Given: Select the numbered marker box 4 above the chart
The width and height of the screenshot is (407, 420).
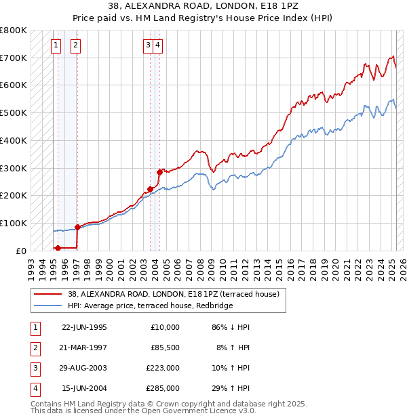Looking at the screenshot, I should click(157, 45).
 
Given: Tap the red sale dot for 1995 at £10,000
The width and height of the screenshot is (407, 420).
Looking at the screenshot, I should click(58, 248).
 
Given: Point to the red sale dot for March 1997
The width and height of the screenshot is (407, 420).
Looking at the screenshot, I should click(77, 227).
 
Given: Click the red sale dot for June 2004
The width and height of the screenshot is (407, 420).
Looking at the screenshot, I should click(159, 172).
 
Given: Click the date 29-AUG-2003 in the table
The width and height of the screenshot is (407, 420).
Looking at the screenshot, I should click(84, 369).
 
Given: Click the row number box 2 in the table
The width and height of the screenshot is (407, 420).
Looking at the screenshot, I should click(35, 348).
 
